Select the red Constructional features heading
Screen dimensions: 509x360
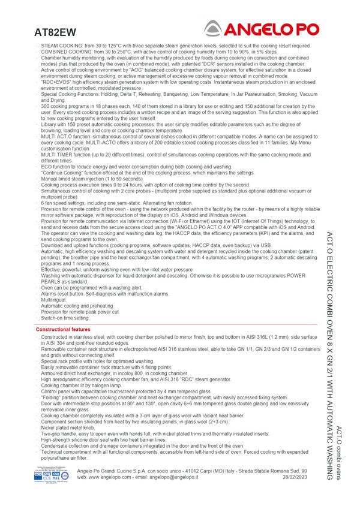coord(63,330)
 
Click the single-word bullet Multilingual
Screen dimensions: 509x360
coord(55,300)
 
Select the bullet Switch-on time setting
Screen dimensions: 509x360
coord(65,318)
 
